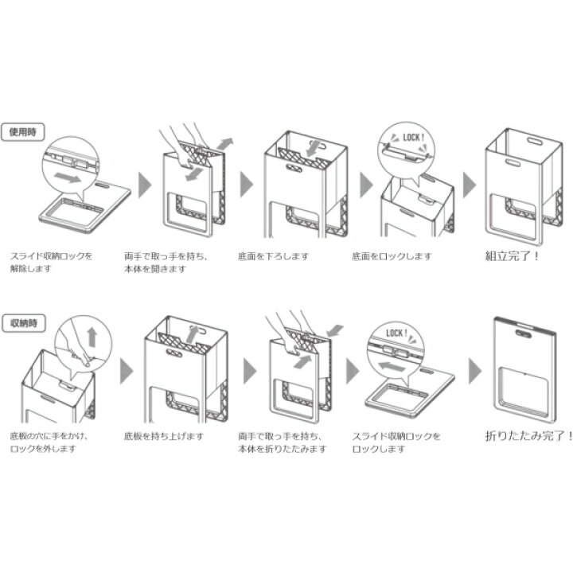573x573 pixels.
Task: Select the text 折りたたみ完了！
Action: tap(528, 436)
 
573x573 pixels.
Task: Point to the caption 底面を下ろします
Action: tap(273, 257)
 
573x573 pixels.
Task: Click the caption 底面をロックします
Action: tap(391, 257)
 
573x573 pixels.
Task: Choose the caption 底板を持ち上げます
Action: tap(164, 436)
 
